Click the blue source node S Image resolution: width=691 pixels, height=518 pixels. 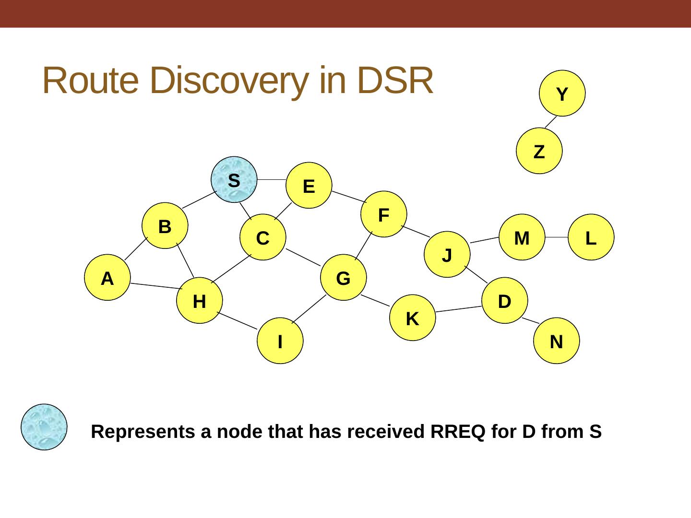[234, 180]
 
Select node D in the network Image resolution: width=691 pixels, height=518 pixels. [505, 301]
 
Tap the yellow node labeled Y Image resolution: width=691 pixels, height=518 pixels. [562, 94]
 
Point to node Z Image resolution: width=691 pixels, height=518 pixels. [539, 151]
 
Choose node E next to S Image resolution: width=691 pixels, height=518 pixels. [309, 186]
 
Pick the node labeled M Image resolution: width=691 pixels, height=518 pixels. [522, 237]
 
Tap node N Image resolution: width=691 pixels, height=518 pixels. [557, 341]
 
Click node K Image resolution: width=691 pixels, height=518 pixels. [412, 318]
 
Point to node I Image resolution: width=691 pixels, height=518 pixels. [280, 341]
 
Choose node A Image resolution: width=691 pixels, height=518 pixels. [107, 278]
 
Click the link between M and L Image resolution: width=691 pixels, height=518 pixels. [557, 237]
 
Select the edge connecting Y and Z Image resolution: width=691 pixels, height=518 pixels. [551, 122]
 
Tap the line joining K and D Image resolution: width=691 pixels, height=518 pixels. [458, 309]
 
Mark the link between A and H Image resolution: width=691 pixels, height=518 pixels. [155, 286]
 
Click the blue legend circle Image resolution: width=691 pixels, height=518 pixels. [44, 427]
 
